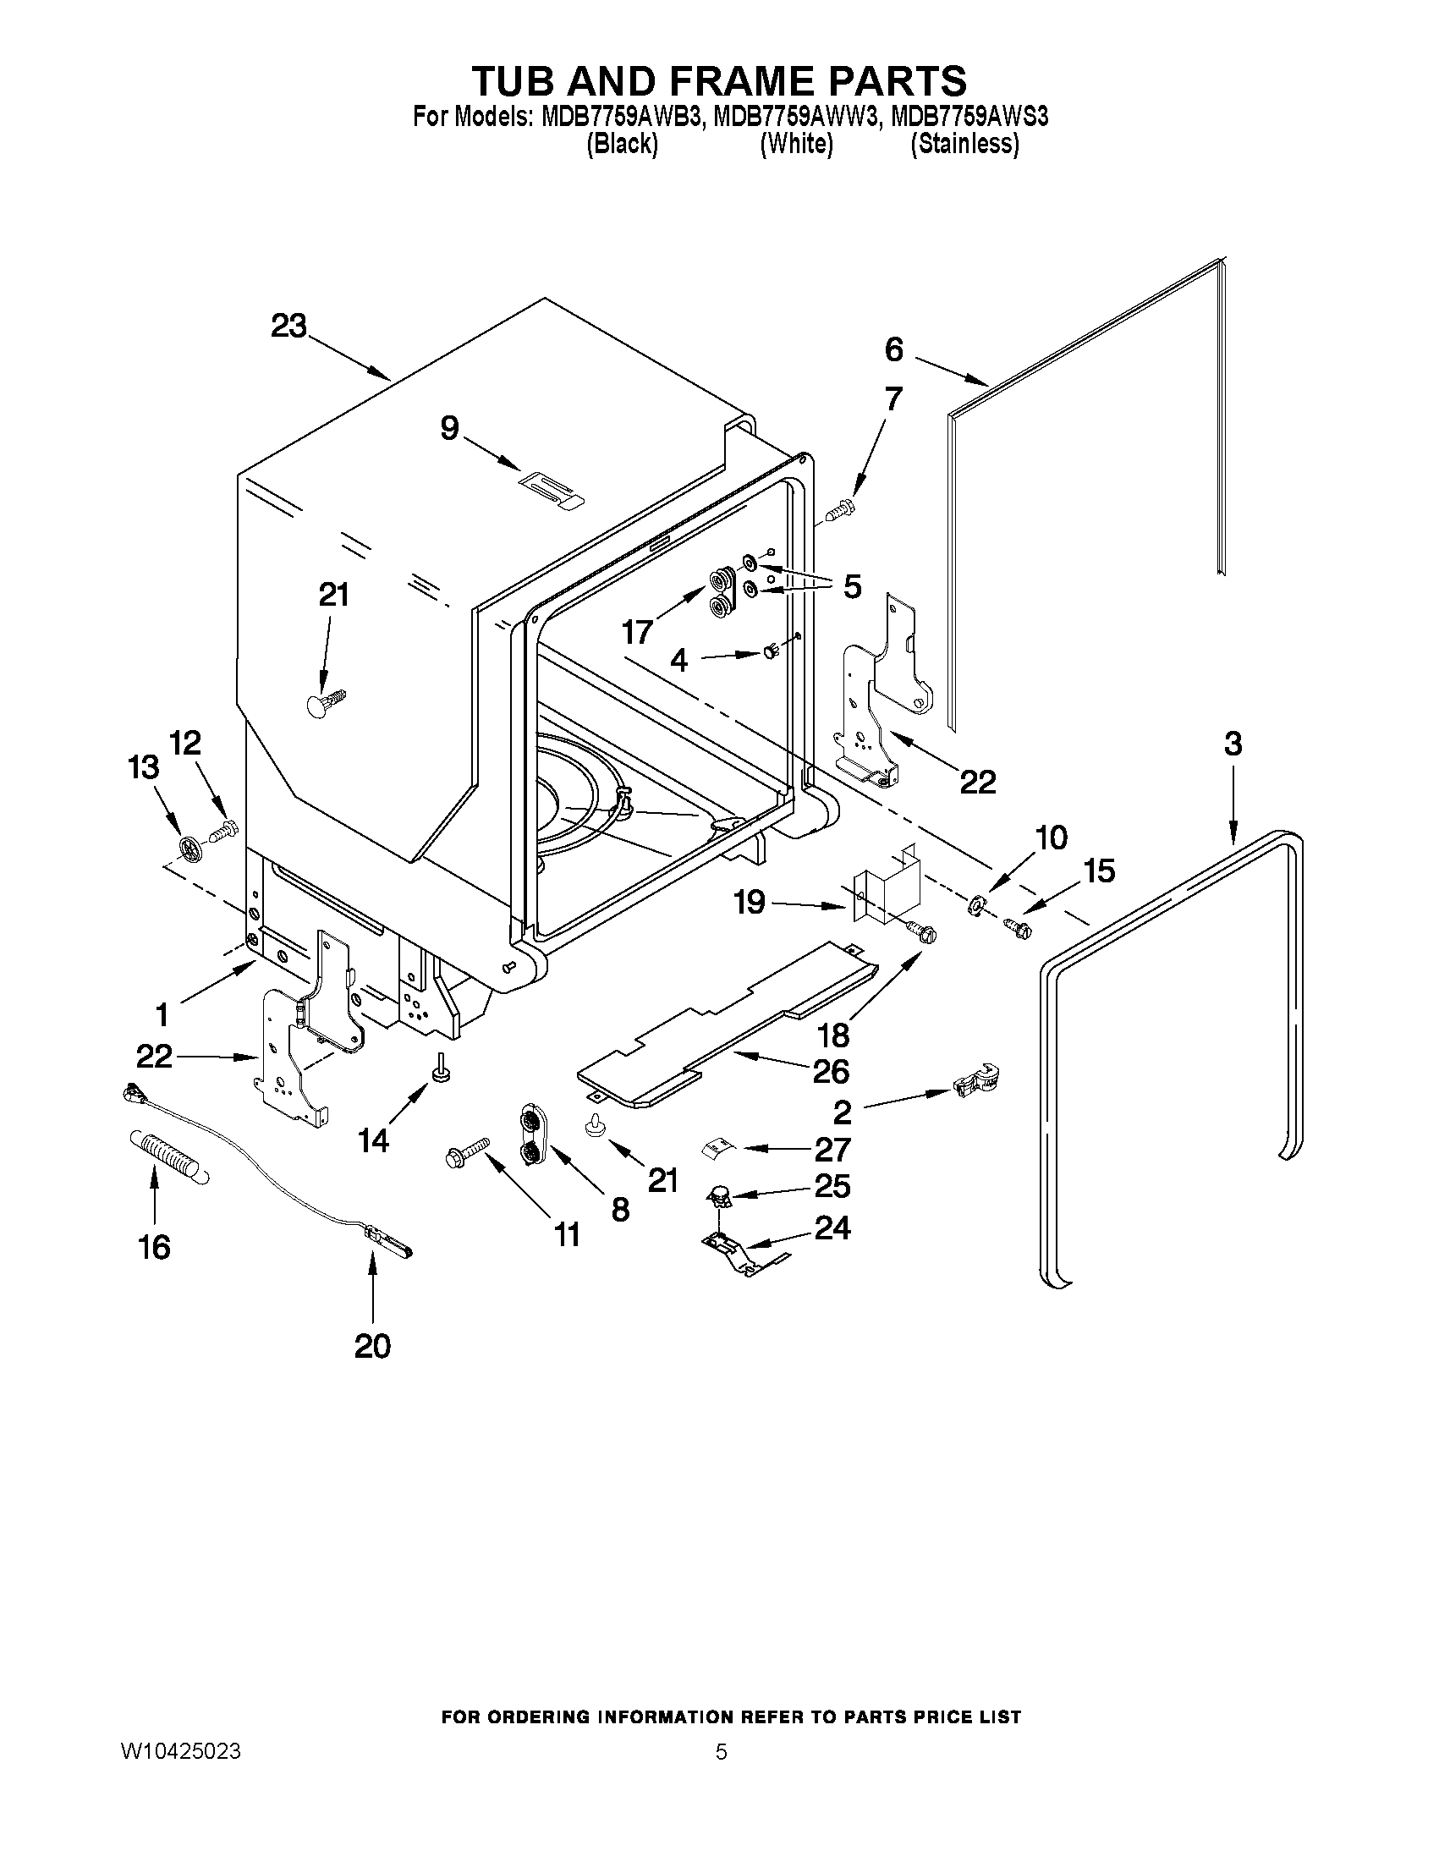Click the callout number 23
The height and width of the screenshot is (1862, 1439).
[x=288, y=326]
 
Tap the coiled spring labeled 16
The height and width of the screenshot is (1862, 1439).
[x=168, y=1155]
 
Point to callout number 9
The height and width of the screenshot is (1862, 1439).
[x=449, y=427]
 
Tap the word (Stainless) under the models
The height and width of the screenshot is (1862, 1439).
[x=964, y=144]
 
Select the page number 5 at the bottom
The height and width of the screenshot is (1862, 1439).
[x=722, y=1751]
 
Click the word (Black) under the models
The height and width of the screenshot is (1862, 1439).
[x=623, y=144]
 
